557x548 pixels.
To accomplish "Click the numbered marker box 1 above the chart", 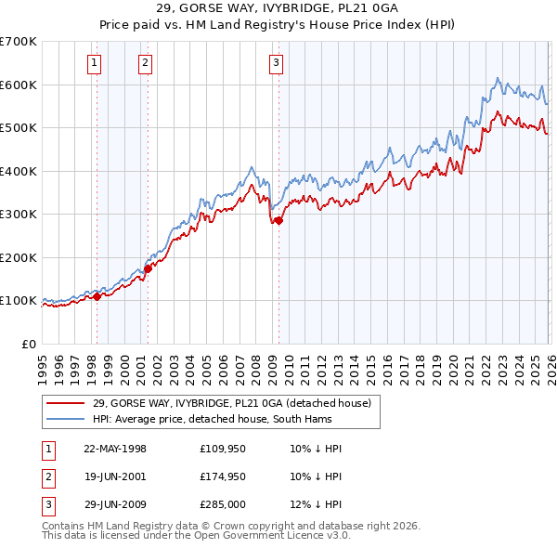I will click(96, 63).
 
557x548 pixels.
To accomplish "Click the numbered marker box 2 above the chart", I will click(147, 63).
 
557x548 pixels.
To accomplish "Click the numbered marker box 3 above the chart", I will click(277, 63).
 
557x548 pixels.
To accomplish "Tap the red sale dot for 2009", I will click(278, 221).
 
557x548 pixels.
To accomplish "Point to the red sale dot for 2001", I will click(147, 268).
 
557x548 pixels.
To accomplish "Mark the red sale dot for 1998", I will click(97, 296).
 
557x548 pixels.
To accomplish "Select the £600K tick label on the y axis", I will click(18, 85).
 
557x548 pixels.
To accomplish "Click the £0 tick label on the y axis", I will click(28, 344).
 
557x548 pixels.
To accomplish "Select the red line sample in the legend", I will click(66, 403).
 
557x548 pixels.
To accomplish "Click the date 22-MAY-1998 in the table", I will click(114, 449).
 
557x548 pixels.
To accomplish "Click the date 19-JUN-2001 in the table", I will click(114, 476).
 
